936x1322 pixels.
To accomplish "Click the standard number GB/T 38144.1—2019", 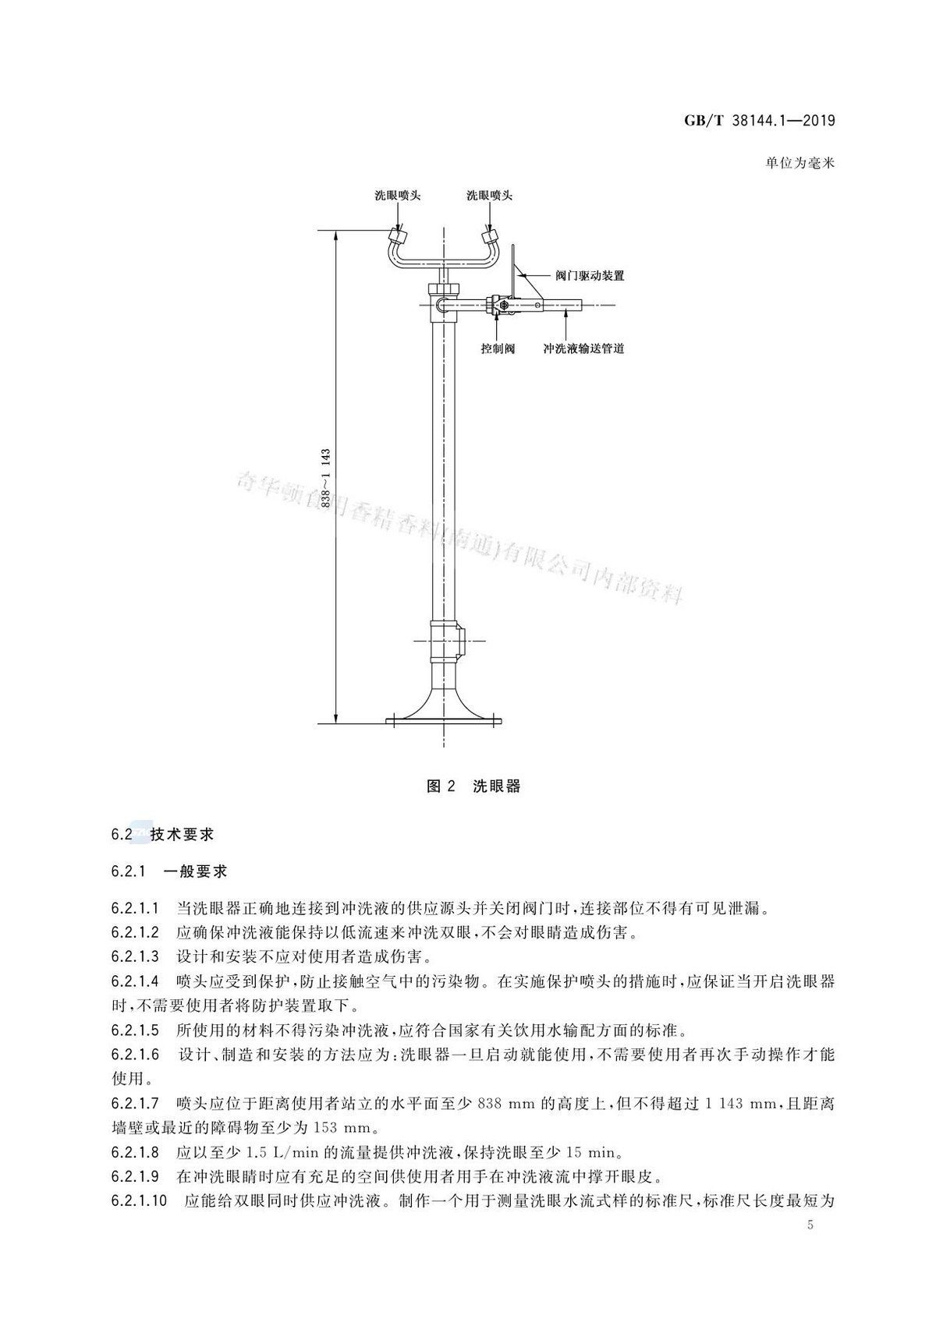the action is (x=760, y=121).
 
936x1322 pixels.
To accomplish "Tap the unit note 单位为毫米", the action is (x=799, y=164).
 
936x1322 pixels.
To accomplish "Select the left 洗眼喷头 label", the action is (x=398, y=196).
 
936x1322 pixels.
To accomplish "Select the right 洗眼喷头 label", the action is (x=490, y=196).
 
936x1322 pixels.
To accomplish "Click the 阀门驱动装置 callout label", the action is (x=590, y=276).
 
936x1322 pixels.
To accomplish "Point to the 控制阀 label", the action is (x=498, y=348).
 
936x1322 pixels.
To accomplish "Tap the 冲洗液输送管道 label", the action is (x=583, y=348).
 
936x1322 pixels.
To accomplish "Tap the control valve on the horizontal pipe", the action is (x=500, y=305).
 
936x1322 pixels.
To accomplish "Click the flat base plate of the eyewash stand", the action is (x=443, y=721).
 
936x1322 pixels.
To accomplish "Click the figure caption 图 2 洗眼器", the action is (x=473, y=786).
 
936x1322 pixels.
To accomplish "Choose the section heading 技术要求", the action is (x=182, y=835).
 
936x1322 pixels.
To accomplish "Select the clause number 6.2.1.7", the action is (x=135, y=1103).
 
